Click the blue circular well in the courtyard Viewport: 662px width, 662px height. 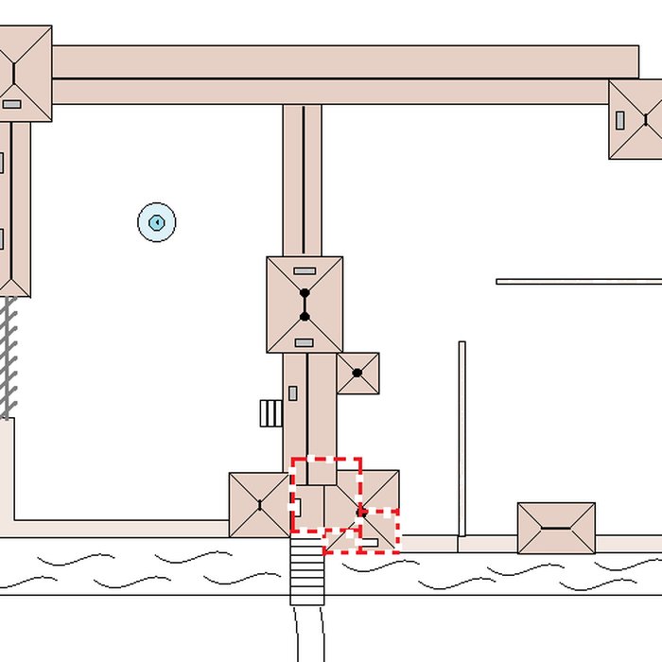coord(157,222)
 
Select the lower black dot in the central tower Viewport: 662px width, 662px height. coord(305,317)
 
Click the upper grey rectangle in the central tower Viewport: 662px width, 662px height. coord(305,270)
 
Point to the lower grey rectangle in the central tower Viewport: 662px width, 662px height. coord(305,342)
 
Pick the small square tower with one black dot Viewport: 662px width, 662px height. coord(357,374)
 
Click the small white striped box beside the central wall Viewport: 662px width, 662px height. coord(270,413)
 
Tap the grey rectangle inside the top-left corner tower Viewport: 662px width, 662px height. coord(12,104)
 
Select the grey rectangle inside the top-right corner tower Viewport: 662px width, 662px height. coord(620,120)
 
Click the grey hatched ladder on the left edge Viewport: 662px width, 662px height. coord(9,357)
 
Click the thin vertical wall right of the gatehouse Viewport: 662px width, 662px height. coord(462,440)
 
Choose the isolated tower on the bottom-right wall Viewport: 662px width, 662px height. coord(556,528)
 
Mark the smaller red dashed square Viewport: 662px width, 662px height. coord(378,531)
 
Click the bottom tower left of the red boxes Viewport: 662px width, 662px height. coord(258,505)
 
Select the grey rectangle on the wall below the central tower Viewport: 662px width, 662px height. coord(293,392)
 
